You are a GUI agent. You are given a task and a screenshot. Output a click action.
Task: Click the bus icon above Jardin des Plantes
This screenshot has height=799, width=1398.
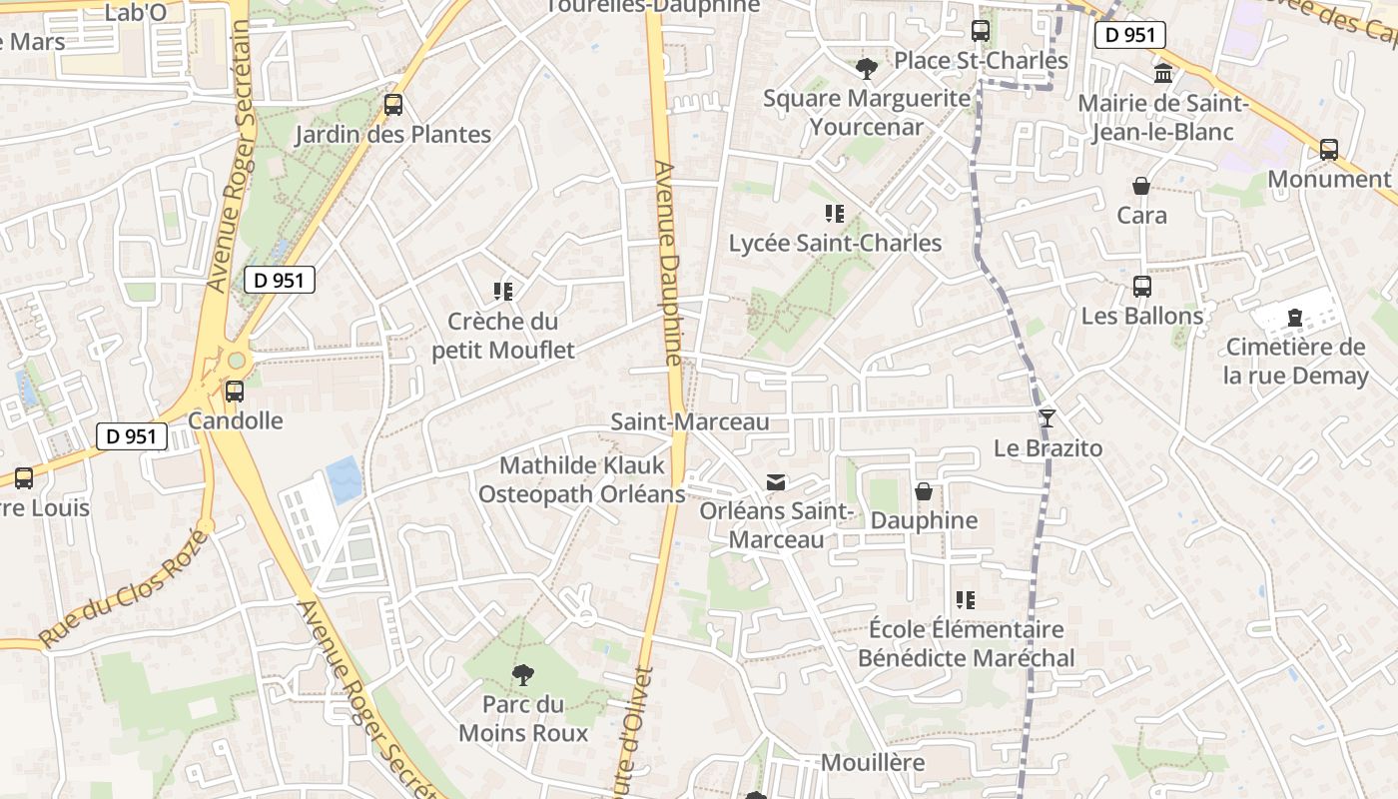[x=393, y=105]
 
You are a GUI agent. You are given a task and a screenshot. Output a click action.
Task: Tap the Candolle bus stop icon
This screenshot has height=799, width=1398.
[x=235, y=392]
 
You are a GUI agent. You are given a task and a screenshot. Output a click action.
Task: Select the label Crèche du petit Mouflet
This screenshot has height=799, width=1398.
[x=503, y=336]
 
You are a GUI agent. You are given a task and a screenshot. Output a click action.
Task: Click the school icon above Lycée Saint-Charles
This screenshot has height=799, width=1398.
[x=835, y=213]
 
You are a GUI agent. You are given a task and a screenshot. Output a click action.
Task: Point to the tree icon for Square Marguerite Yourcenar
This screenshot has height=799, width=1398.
[x=866, y=69]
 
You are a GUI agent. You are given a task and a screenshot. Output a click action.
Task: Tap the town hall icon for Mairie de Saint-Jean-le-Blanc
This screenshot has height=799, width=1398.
[x=1163, y=73]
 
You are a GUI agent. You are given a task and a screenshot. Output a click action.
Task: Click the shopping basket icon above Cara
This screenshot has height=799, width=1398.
[x=1141, y=186]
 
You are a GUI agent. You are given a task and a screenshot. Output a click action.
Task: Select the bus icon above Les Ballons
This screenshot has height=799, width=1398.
[x=1142, y=287]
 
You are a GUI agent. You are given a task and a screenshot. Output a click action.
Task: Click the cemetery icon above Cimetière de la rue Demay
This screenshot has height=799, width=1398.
[x=1295, y=319]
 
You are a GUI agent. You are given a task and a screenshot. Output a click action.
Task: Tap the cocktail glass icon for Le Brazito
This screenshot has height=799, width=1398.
[x=1047, y=418]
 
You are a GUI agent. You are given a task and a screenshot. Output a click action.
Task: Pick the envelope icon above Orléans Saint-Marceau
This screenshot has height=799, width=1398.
[x=776, y=482]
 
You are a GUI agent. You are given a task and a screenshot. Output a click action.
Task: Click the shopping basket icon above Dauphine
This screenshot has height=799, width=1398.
[x=924, y=491]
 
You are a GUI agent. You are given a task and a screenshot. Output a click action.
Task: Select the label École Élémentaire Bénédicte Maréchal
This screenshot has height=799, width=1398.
[x=966, y=643]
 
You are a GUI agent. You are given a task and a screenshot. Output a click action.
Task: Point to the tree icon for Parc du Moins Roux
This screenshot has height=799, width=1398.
[x=522, y=676]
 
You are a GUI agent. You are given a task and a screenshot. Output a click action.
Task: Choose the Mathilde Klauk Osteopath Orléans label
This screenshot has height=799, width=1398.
[x=582, y=479]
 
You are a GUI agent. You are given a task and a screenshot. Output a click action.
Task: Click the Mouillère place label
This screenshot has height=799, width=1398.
[x=873, y=763]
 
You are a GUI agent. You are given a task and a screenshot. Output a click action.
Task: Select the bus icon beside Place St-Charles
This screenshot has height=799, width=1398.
[x=981, y=31]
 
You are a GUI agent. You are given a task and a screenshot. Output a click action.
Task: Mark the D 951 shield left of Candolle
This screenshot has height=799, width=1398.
[x=132, y=436]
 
